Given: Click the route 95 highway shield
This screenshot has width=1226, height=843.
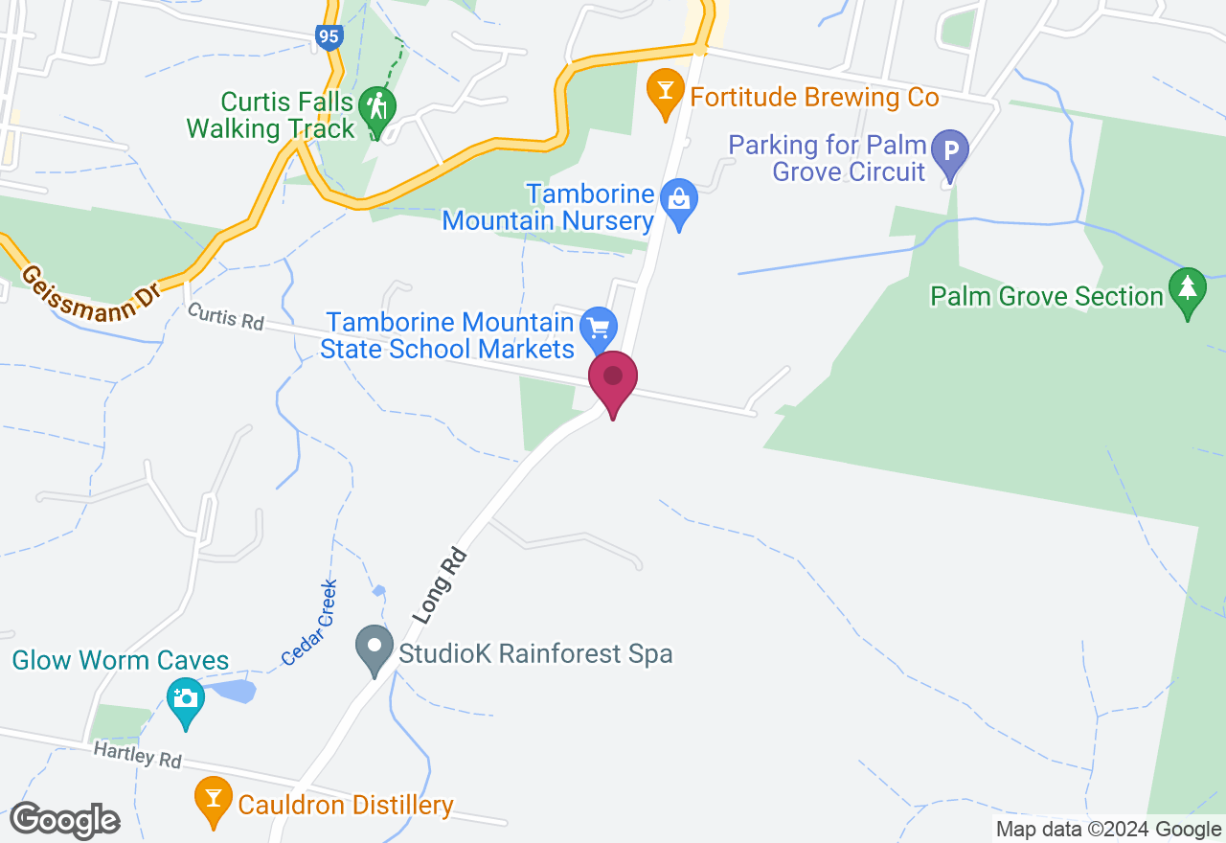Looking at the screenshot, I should tap(329, 37).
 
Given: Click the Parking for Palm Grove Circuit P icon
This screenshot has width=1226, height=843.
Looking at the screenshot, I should tap(951, 151).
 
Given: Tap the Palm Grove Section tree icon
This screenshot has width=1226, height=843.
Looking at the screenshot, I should tap(1188, 287).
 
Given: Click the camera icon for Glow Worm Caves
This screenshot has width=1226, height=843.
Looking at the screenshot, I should tap(186, 698).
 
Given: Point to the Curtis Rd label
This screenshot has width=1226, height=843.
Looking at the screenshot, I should tap(225, 316).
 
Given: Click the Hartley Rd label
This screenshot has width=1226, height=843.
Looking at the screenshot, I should tap(137, 757).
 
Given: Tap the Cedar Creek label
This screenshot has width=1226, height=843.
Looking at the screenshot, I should tap(309, 623).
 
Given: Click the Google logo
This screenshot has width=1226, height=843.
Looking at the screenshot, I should tap(64, 821).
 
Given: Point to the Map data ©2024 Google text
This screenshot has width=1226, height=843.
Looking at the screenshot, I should tap(1108, 830).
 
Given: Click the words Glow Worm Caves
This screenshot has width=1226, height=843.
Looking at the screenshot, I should tap(121, 660).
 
